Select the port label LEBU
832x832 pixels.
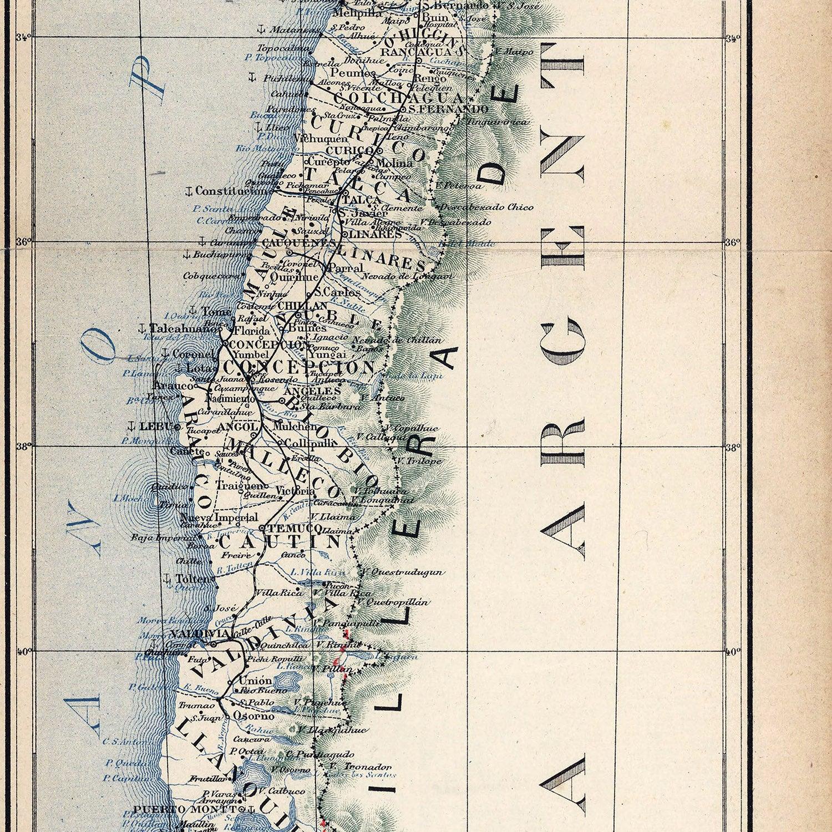pos(155,427)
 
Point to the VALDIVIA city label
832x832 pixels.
pos(192,633)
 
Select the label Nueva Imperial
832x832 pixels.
pos(212,517)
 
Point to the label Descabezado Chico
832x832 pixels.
pos(486,207)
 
